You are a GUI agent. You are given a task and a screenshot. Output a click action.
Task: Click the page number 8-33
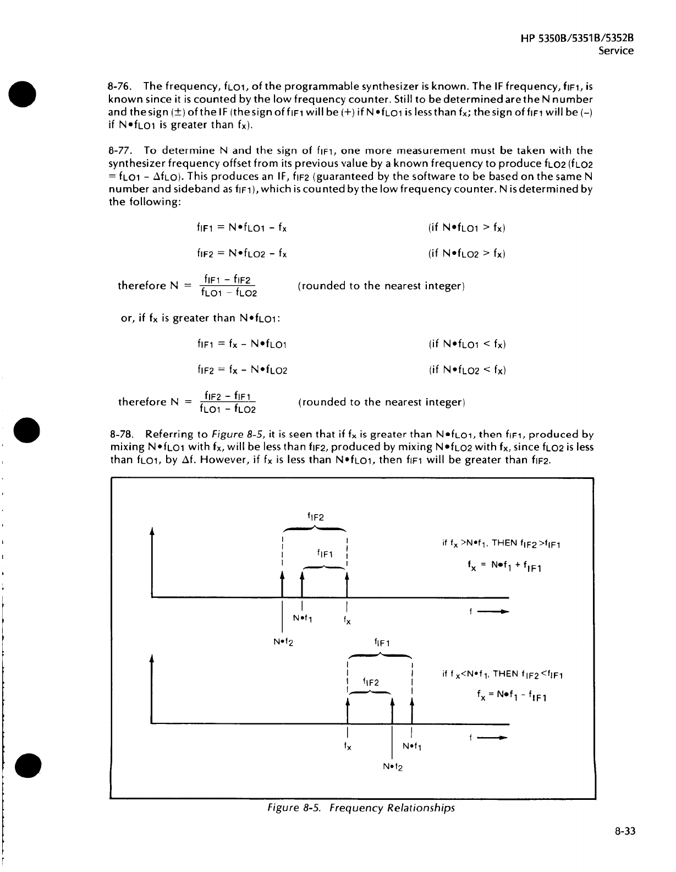point(624,831)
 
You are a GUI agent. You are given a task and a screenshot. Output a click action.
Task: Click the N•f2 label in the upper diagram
point(283,642)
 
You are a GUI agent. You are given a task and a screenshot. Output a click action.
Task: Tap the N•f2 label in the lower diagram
point(392,767)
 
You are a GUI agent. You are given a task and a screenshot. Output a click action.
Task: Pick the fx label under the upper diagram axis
point(347,620)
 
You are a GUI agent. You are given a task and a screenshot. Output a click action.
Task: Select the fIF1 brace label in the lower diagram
point(382,642)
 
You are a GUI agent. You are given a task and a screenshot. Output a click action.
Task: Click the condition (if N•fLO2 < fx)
point(466,370)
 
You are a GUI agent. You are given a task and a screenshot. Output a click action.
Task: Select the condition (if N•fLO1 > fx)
point(466,228)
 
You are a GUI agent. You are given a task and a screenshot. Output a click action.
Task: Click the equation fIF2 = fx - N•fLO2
point(242,370)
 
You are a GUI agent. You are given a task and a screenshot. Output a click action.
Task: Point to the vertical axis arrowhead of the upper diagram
point(152,532)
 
